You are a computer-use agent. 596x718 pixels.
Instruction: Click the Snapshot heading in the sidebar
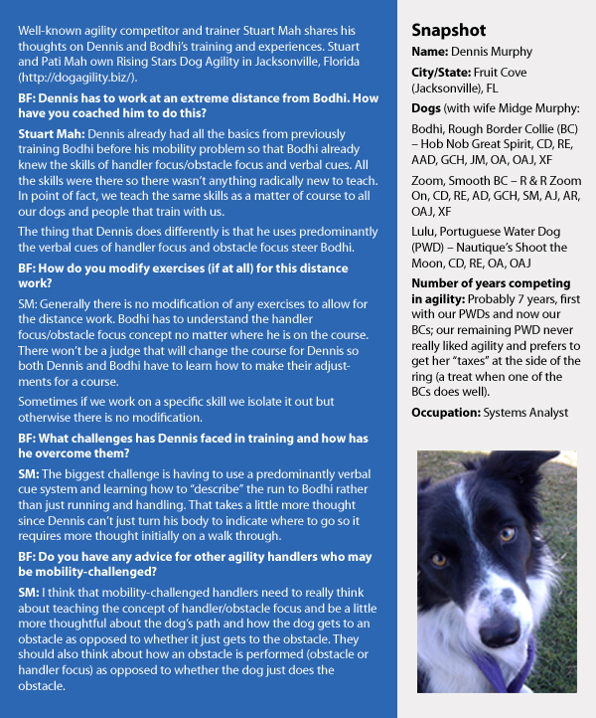click(449, 31)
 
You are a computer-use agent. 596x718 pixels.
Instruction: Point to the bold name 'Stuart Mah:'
click(51, 132)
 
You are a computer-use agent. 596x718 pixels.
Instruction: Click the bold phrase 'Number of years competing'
click(487, 284)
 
